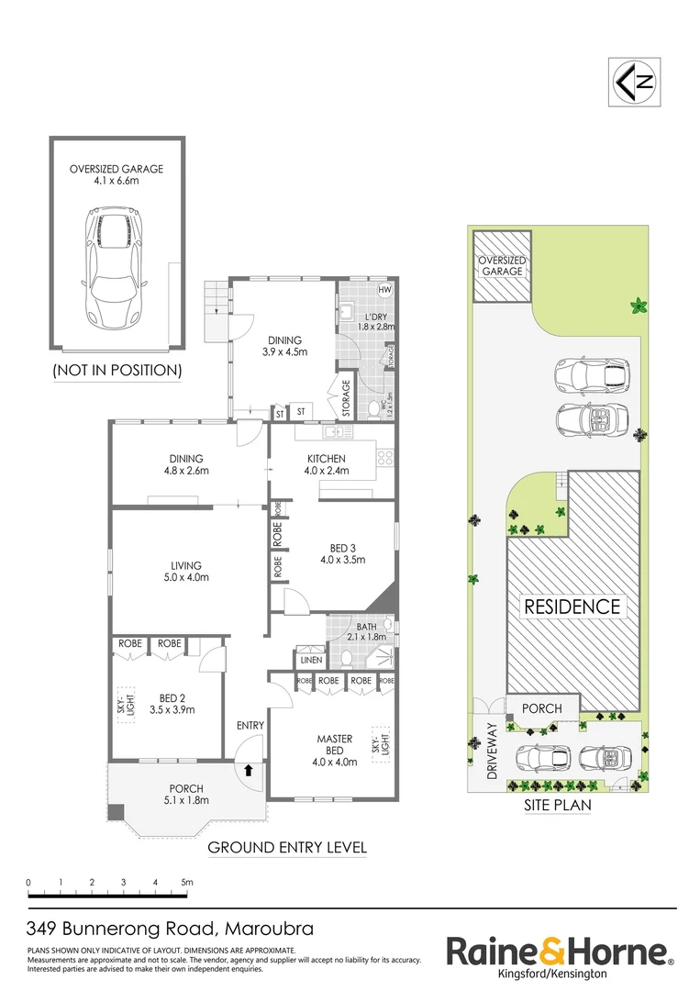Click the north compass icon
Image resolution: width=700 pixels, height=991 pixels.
634,83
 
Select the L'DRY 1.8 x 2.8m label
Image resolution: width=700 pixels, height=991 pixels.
374,320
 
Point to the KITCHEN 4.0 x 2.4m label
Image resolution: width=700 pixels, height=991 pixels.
326,465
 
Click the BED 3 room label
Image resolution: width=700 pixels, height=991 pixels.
342,553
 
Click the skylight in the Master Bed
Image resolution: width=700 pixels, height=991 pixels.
377,743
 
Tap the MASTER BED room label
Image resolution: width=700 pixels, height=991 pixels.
335,749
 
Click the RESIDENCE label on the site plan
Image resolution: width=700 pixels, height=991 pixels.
572,607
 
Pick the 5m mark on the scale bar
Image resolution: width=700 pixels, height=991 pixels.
187,883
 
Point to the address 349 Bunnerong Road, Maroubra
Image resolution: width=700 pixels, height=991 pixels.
170,928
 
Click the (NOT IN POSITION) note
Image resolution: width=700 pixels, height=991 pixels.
117,371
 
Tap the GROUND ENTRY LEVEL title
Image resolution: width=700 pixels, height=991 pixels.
287,847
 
